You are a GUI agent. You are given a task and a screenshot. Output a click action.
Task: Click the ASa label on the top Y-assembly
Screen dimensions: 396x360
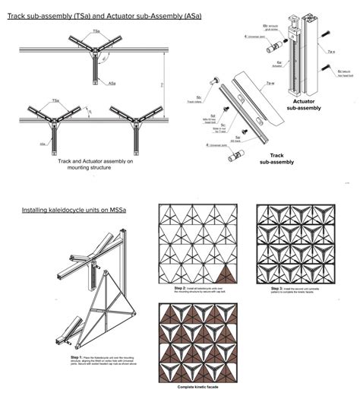112,83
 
